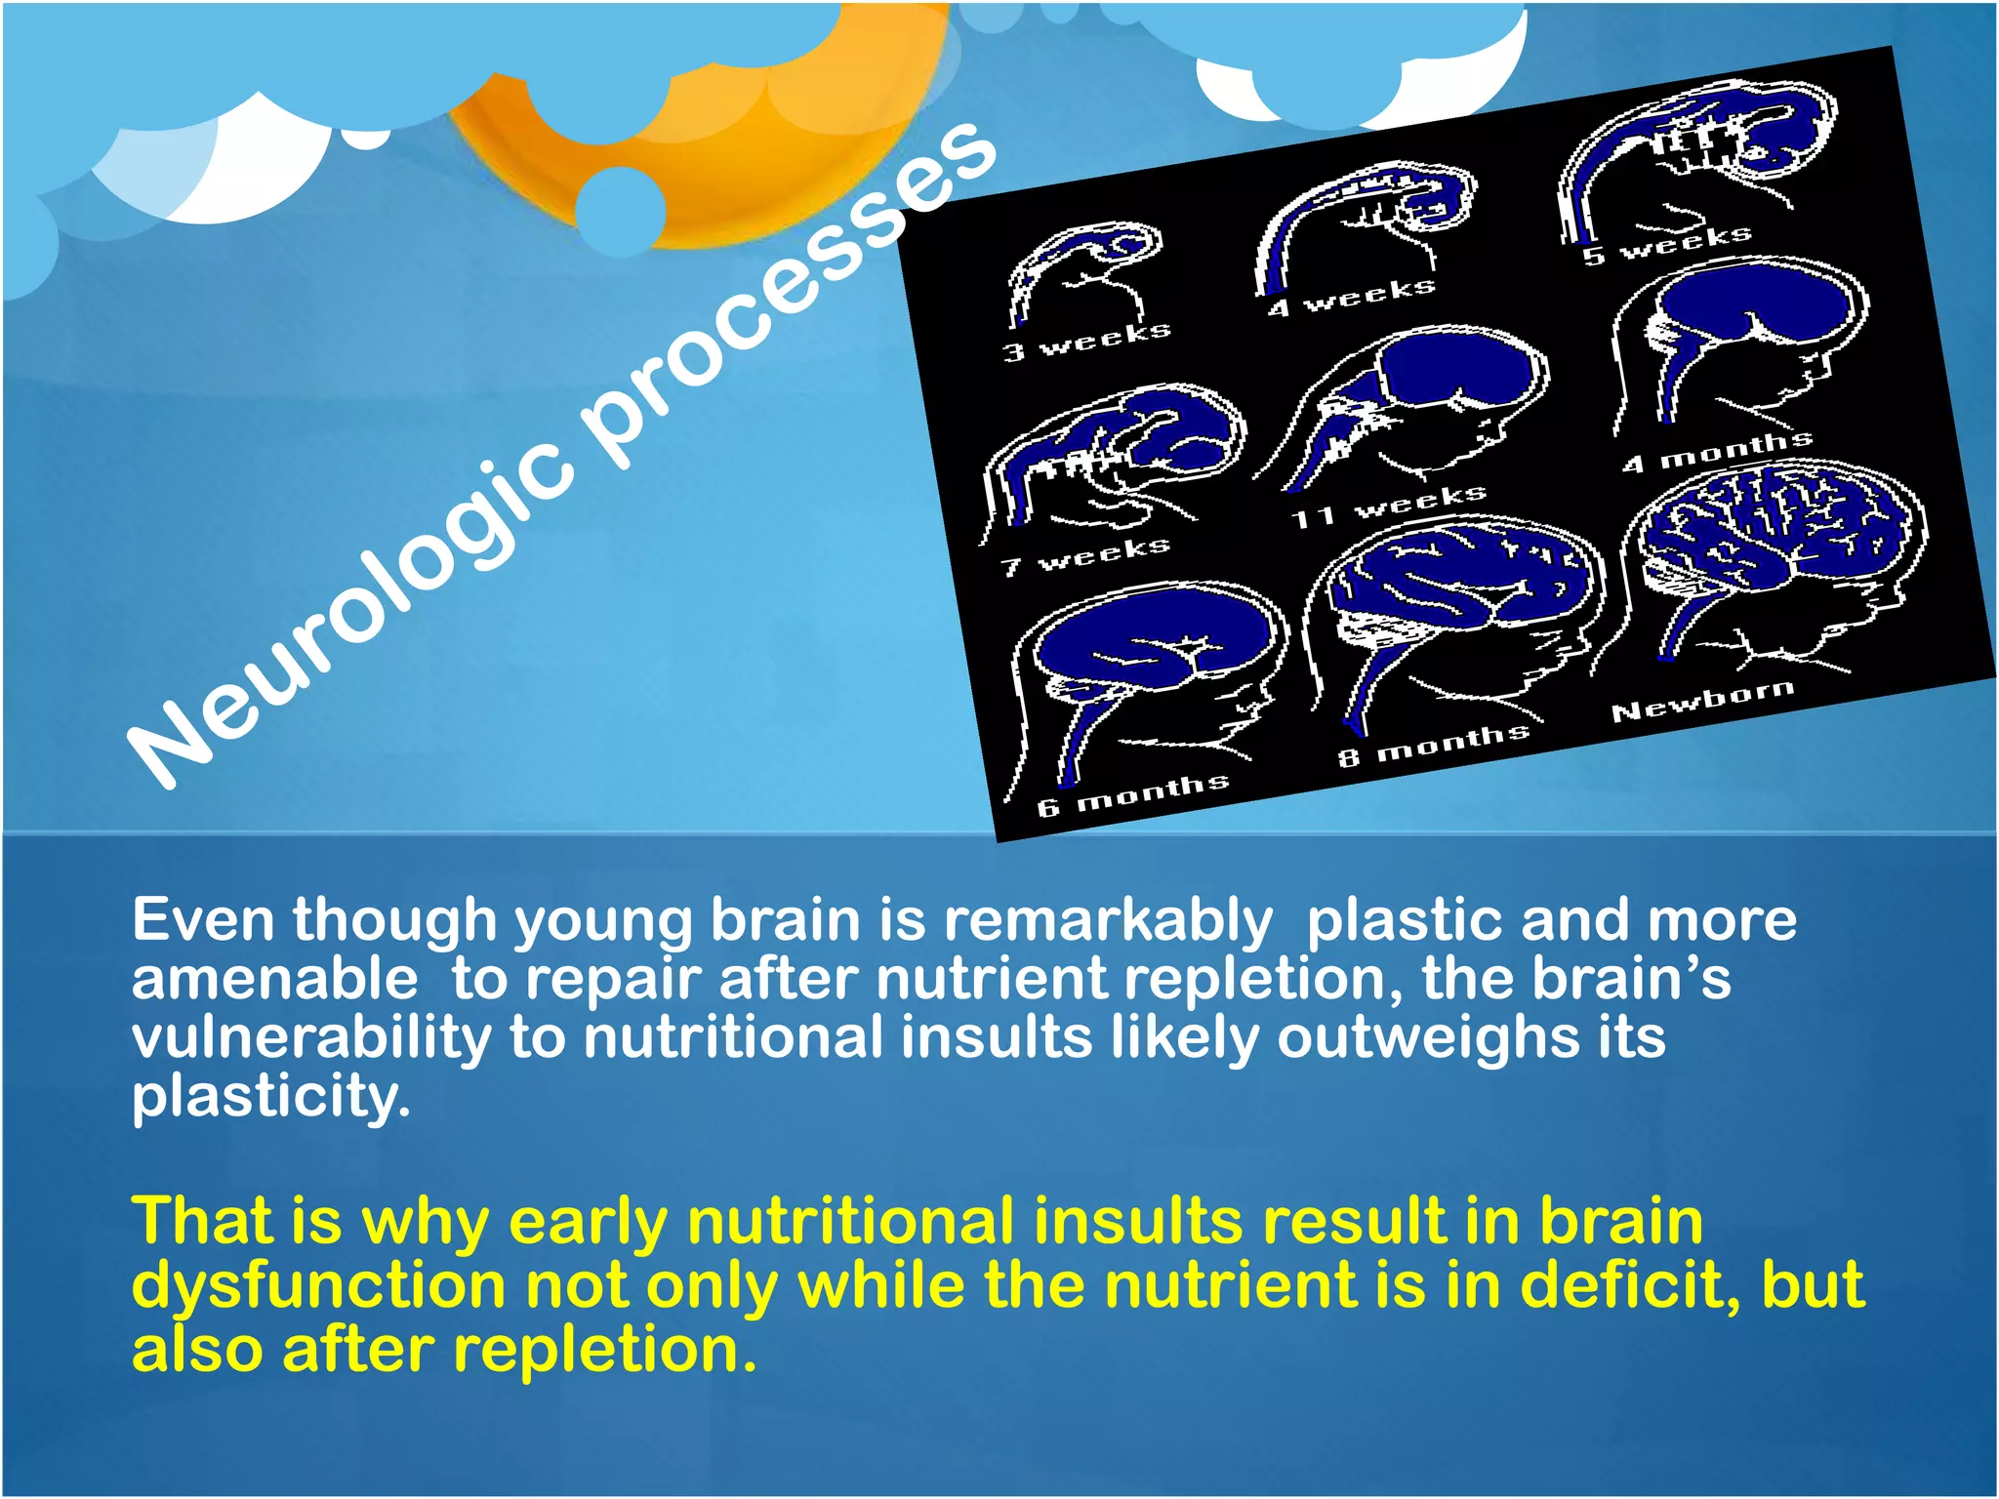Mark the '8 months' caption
tap(1433, 744)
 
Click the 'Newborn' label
tap(1703, 700)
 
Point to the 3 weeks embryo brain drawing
tap(1083, 268)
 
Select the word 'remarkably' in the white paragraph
tap(1108, 920)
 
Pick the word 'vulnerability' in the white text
tap(311, 1037)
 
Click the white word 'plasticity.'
tap(271, 1096)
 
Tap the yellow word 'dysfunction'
tap(318, 1285)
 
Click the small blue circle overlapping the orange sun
tap(620, 208)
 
